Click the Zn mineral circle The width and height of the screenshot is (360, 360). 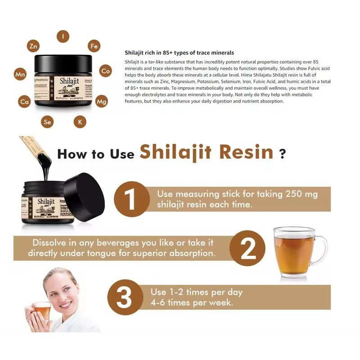(33, 46)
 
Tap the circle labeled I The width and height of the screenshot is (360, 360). (63, 36)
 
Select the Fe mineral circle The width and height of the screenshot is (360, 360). (94, 46)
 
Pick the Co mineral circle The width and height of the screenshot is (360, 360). (106, 71)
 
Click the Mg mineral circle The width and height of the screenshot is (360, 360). (102, 101)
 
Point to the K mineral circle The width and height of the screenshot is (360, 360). (80, 121)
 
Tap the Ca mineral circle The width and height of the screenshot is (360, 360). (24, 102)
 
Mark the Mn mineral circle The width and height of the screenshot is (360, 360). (20, 74)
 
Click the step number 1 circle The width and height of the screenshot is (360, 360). (131, 199)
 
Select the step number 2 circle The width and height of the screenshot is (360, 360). (247, 248)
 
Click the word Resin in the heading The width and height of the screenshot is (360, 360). (246, 152)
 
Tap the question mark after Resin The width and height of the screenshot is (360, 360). (282, 154)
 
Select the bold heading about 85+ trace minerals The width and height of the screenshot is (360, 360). (179, 53)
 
